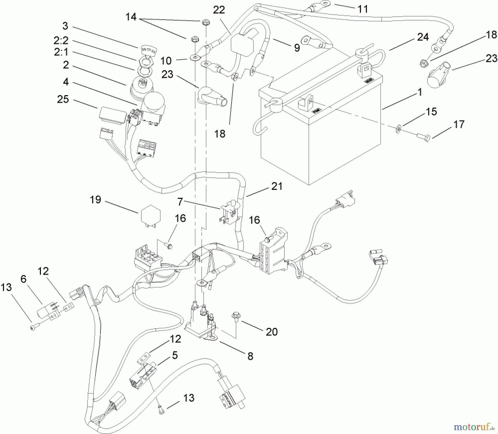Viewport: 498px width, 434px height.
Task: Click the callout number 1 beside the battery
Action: (x=420, y=92)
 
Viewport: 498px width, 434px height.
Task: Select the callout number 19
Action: (x=95, y=200)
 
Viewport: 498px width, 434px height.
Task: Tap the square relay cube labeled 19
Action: (x=151, y=218)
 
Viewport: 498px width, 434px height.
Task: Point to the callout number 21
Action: (x=277, y=186)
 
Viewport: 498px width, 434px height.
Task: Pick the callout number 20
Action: (x=271, y=331)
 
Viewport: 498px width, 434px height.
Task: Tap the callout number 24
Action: (x=423, y=37)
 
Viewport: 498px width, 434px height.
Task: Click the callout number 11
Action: (x=363, y=9)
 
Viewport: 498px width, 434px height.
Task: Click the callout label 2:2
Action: (x=61, y=40)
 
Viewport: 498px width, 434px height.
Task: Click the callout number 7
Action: (x=180, y=202)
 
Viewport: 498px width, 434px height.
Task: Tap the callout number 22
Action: (x=219, y=10)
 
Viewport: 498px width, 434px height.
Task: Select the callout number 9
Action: (x=297, y=48)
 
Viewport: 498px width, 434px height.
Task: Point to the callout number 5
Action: (x=175, y=355)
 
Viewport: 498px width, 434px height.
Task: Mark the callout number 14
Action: (x=131, y=17)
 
